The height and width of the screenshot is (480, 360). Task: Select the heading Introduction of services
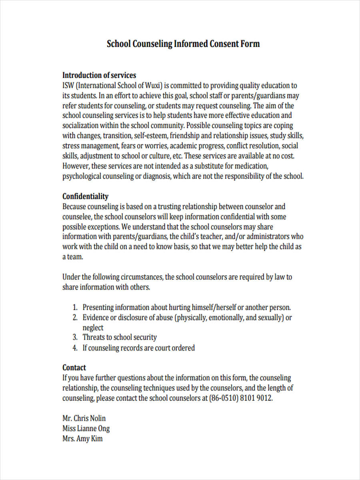click(x=99, y=75)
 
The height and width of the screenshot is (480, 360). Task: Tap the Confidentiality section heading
click(x=85, y=196)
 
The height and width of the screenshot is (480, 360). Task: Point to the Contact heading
click(x=74, y=367)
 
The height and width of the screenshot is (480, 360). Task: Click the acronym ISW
click(x=68, y=86)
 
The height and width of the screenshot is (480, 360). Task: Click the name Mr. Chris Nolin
click(x=84, y=418)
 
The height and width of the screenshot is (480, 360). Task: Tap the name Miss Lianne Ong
click(x=86, y=428)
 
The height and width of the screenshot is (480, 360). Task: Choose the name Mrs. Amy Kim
click(x=82, y=439)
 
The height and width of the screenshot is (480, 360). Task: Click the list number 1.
click(x=74, y=308)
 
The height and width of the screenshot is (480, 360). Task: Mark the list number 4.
click(x=74, y=348)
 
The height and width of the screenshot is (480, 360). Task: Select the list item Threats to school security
click(x=120, y=337)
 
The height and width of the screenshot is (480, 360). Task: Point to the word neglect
click(x=93, y=328)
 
